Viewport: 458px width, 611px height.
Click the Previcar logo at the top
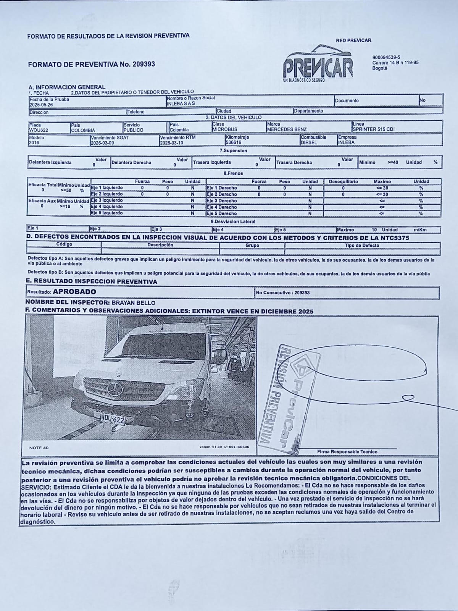(318, 65)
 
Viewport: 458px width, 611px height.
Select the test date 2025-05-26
(41, 105)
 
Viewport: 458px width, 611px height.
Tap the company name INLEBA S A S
(181, 103)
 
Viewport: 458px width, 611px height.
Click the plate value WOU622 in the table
(39, 130)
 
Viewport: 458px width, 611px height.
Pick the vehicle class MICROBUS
(225, 129)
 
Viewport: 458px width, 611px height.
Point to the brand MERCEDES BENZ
(287, 129)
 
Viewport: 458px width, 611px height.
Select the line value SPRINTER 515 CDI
(373, 129)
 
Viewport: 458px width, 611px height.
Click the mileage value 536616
(234, 142)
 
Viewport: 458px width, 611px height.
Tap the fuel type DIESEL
(309, 142)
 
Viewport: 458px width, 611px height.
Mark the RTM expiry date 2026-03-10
(172, 142)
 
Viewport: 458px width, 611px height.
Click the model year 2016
(34, 143)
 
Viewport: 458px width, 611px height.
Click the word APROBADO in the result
(74, 292)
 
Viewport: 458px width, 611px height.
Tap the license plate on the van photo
(112, 419)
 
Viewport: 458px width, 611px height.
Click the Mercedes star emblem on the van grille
(114, 389)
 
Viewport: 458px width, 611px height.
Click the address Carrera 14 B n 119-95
(395, 63)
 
